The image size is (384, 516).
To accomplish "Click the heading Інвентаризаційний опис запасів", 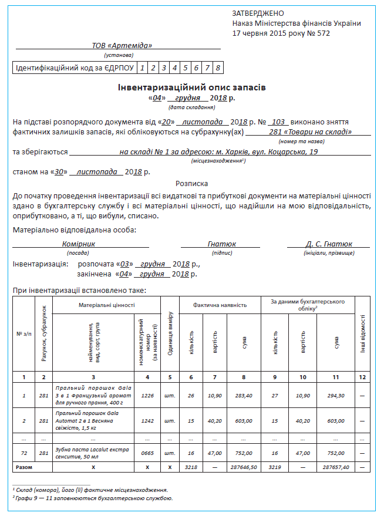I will coord(192,87).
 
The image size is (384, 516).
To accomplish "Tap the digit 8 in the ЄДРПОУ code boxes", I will coord(217,68).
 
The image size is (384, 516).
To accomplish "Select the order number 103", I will coord(279,121).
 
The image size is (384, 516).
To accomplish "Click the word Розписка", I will coord(192,183).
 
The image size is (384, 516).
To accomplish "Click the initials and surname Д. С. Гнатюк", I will coord(329,244).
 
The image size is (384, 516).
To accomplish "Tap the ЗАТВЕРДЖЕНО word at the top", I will coord(258,13).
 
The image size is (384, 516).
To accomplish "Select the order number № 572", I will coord(319,33).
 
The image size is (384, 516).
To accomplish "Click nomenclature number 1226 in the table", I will coord(147,396).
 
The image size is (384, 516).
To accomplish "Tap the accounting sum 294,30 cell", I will coord(336,396).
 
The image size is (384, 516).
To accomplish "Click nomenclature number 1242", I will coord(147,421).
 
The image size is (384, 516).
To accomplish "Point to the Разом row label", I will coord(24,468).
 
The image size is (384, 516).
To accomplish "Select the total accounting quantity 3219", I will coord(275,468).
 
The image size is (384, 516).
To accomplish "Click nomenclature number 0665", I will coord(147,453).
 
